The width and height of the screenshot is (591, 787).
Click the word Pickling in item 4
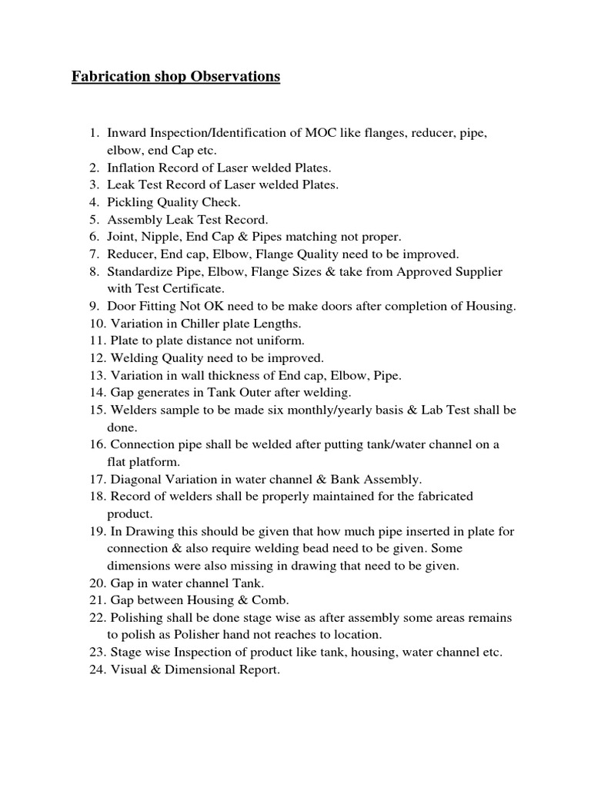pos(132,202)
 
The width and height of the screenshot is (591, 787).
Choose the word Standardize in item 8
pos(141,271)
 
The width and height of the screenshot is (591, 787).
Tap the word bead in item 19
pos(337,549)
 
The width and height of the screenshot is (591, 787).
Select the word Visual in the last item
pos(128,669)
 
